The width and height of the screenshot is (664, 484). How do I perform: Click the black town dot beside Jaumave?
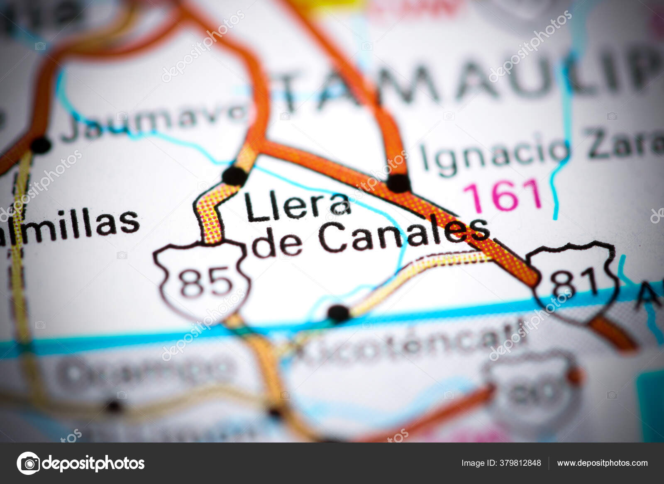pos(41,145)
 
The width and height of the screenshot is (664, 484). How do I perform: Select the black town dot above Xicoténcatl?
pos(339,313)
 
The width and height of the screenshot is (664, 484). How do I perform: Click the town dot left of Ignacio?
pos(398,183)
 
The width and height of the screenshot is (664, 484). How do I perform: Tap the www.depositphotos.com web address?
pos(602,463)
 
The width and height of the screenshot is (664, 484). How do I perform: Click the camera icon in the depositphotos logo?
pos(28,463)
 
